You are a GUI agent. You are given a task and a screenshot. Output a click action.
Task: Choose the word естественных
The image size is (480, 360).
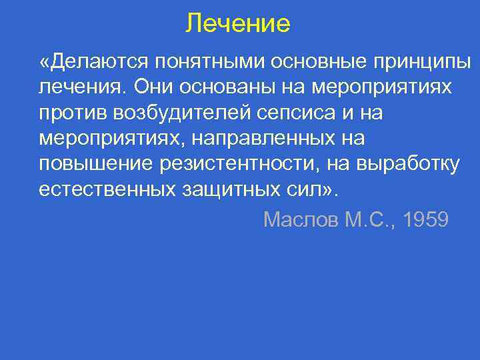(107, 189)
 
